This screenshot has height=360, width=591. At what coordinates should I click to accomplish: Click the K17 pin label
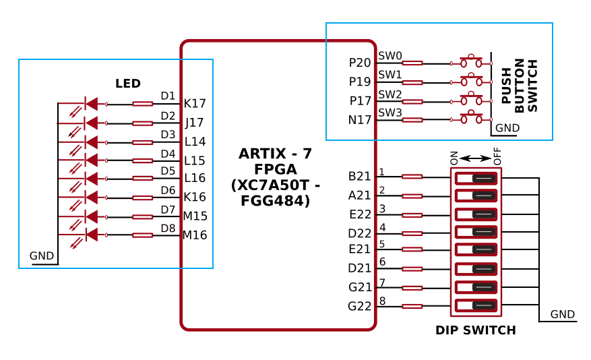pos(195,104)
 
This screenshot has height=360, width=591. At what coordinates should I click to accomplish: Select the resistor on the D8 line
pos(142,235)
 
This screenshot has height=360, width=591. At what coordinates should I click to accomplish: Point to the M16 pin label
pos(195,235)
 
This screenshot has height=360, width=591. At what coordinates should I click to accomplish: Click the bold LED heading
pos(128,84)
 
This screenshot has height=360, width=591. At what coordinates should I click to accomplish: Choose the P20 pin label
pos(360,63)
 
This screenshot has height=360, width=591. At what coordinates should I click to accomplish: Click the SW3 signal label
pos(390,112)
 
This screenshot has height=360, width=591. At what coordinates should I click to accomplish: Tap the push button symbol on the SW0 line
pos(471,62)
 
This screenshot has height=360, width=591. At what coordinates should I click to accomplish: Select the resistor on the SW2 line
pos(412,102)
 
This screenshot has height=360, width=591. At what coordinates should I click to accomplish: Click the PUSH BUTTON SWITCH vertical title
pos(519,86)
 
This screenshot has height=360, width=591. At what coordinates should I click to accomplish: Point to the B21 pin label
pos(360,177)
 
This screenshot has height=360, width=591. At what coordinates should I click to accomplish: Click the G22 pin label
pos(360,306)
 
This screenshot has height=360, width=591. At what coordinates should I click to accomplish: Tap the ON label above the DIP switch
pos(454,158)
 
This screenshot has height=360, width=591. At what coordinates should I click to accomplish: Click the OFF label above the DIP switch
pos(497,157)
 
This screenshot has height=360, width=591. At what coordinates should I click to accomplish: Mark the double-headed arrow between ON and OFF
pos(476,158)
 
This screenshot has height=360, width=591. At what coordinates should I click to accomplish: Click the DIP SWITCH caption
pos(476,330)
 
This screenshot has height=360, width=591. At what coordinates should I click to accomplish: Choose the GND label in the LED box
pos(42,256)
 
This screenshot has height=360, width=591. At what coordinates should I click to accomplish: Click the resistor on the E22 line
pos(412,215)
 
